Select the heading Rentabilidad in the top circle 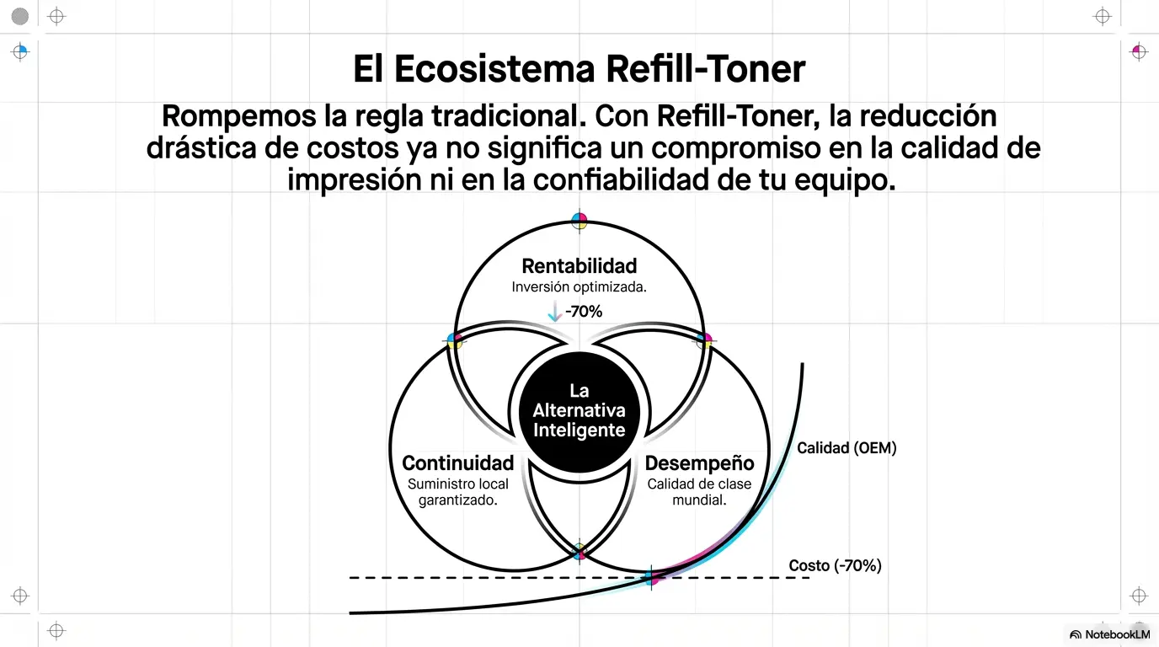579,266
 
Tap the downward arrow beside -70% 554,312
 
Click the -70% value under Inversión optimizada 584,312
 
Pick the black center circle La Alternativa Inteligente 579,411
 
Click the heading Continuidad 458,463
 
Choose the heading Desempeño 699,463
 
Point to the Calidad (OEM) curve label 847,448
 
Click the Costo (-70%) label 835,565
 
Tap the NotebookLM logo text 1117,634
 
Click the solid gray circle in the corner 20,16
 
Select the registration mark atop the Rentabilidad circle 579,221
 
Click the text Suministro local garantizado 458,492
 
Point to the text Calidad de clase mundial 699,492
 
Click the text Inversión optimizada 579,287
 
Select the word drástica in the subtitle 200,148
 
